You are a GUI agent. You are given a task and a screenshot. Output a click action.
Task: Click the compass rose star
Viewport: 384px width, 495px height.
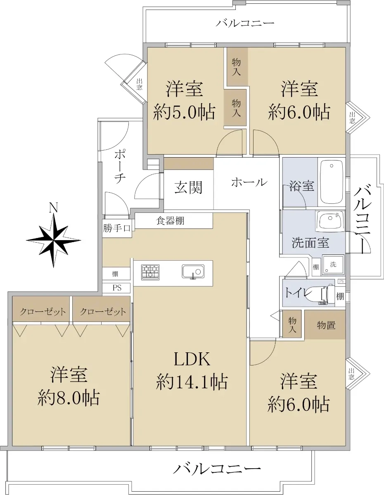(x=54, y=240)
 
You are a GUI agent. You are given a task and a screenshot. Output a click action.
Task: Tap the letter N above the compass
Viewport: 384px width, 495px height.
(x=53, y=207)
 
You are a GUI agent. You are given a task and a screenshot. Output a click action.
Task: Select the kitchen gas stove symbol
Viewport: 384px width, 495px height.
(x=150, y=272)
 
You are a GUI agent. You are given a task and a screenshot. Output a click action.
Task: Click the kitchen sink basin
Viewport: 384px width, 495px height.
(x=193, y=271)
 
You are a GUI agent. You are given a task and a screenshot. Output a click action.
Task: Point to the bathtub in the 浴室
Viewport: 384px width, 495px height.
(x=332, y=182)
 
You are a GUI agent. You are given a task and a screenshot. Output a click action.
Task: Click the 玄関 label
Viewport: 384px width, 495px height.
(x=188, y=187)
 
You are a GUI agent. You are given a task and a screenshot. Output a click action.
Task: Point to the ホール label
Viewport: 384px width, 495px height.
(x=249, y=182)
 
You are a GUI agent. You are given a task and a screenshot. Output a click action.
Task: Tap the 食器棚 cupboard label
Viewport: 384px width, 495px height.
(x=170, y=221)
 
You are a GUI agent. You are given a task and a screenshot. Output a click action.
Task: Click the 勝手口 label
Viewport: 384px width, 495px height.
(x=117, y=228)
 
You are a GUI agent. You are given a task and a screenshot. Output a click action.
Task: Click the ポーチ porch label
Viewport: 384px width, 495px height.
(x=119, y=166)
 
